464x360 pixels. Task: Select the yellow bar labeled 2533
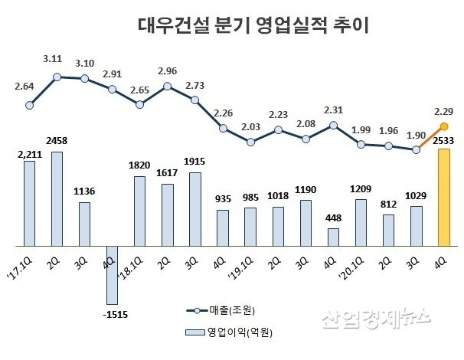coord(443,197)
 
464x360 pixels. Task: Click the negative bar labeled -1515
coord(112,274)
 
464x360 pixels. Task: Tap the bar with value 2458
coord(57,198)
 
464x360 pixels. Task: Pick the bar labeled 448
coord(333,237)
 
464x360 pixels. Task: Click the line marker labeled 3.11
coord(57,77)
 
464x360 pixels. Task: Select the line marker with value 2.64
coord(29,106)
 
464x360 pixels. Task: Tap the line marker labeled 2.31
coord(333,126)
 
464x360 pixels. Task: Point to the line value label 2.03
coord(250,127)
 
